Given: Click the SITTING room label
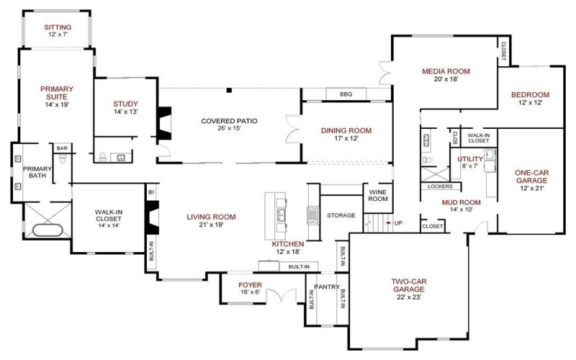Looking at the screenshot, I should click(x=57, y=27).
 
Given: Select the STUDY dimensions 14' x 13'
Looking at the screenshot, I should click(x=125, y=112).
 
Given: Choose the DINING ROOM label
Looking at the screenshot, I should click(x=346, y=130).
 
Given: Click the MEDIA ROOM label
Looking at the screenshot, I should click(x=446, y=71).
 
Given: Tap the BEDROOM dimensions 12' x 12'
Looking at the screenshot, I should click(x=530, y=103).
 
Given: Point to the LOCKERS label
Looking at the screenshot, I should click(x=439, y=186).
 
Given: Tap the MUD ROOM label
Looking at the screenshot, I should click(x=461, y=202).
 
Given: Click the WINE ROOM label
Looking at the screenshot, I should click(x=378, y=196).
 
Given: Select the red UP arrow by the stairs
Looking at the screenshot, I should click(x=390, y=223).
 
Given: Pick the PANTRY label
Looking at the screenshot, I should click(x=326, y=286).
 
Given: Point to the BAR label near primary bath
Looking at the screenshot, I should click(x=62, y=148).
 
